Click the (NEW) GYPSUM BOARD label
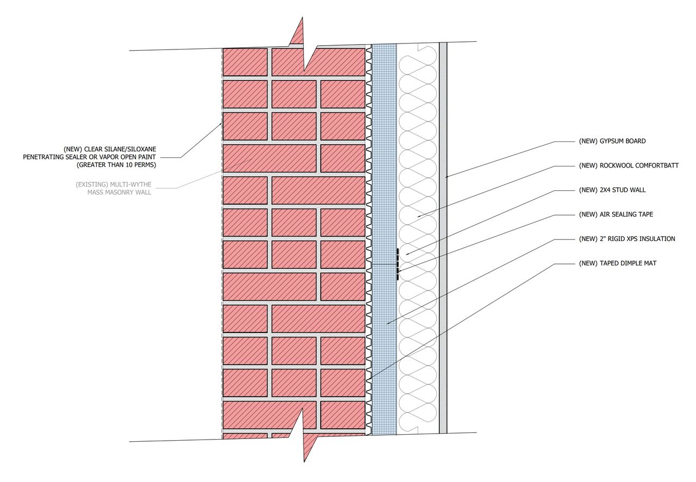pos(612,141)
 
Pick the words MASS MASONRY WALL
pos(120,193)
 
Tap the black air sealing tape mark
pos(397,264)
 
